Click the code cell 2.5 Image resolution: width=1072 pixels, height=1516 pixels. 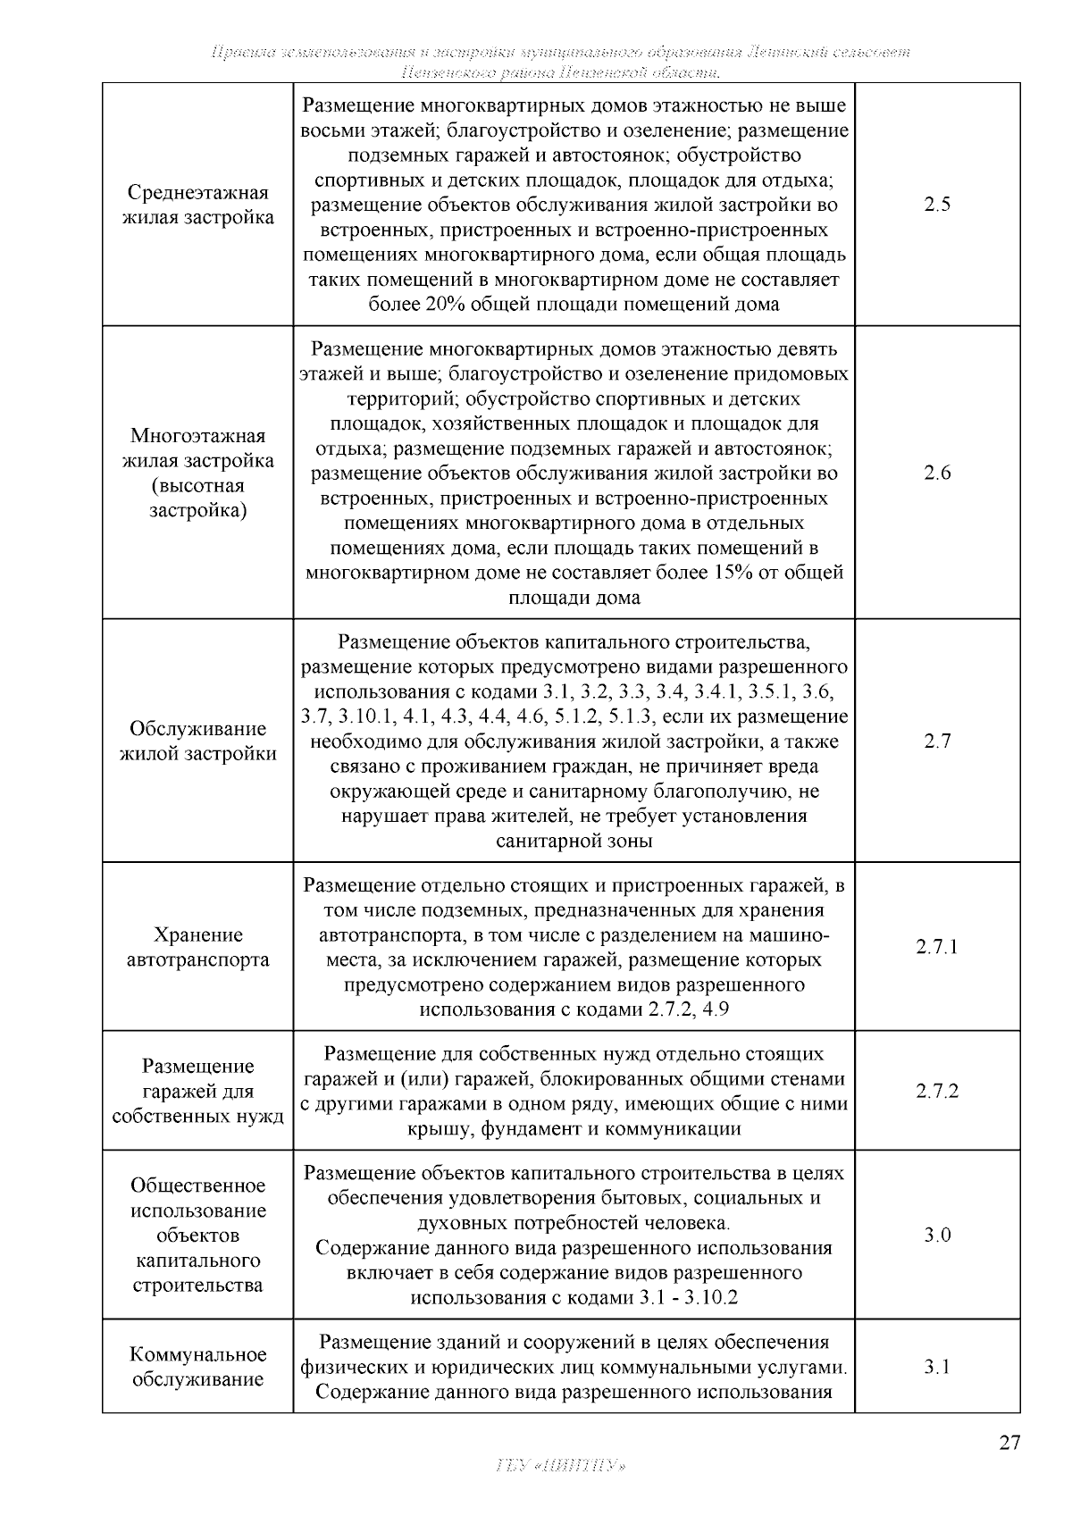[x=937, y=205]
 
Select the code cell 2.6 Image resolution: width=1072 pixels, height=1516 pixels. [x=937, y=473]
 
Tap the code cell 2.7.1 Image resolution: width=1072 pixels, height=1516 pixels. [x=937, y=947]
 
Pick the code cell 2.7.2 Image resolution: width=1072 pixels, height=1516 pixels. [x=937, y=1092]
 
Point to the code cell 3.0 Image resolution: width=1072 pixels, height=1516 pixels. [x=937, y=1235]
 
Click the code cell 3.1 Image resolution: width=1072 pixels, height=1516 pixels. [x=937, y=1367]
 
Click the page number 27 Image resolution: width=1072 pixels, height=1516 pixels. [x=1009, y=1443]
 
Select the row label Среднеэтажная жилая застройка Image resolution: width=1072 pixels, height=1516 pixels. [x=197, y=205]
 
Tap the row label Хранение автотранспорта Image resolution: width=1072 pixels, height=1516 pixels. [x=197, y=948]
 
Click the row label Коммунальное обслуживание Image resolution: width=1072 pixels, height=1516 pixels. [x=197, y=1367]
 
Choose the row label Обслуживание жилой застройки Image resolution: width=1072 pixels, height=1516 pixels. [x=197, y=741]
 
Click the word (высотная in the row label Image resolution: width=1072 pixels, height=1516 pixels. [x=197, y=487]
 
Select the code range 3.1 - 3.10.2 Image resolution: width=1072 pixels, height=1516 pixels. [x=689, y=1297]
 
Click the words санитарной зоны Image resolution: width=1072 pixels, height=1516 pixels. [x=574, y=842]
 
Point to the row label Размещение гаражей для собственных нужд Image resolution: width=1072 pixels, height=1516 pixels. [x=197, y=1092]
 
